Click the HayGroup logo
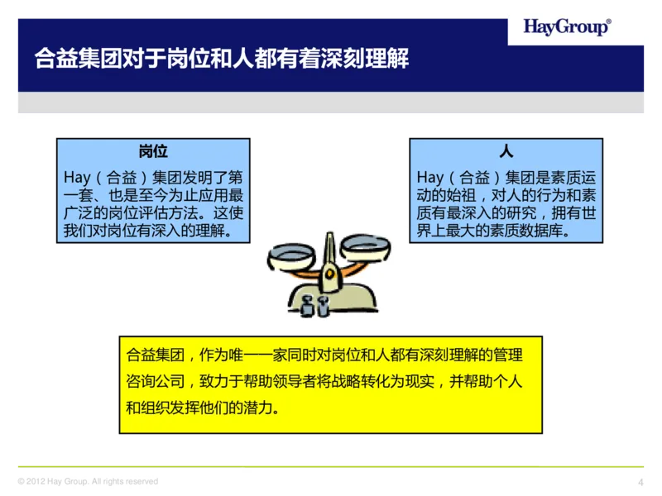click(x=567, y=27)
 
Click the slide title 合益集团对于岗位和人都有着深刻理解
click(x=222, y=60)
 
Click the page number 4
click(x=640, y=483)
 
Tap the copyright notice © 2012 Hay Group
click(x=88, y=481)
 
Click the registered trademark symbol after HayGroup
click(x=611, y=21)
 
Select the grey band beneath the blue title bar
click(x=331, y=103)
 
